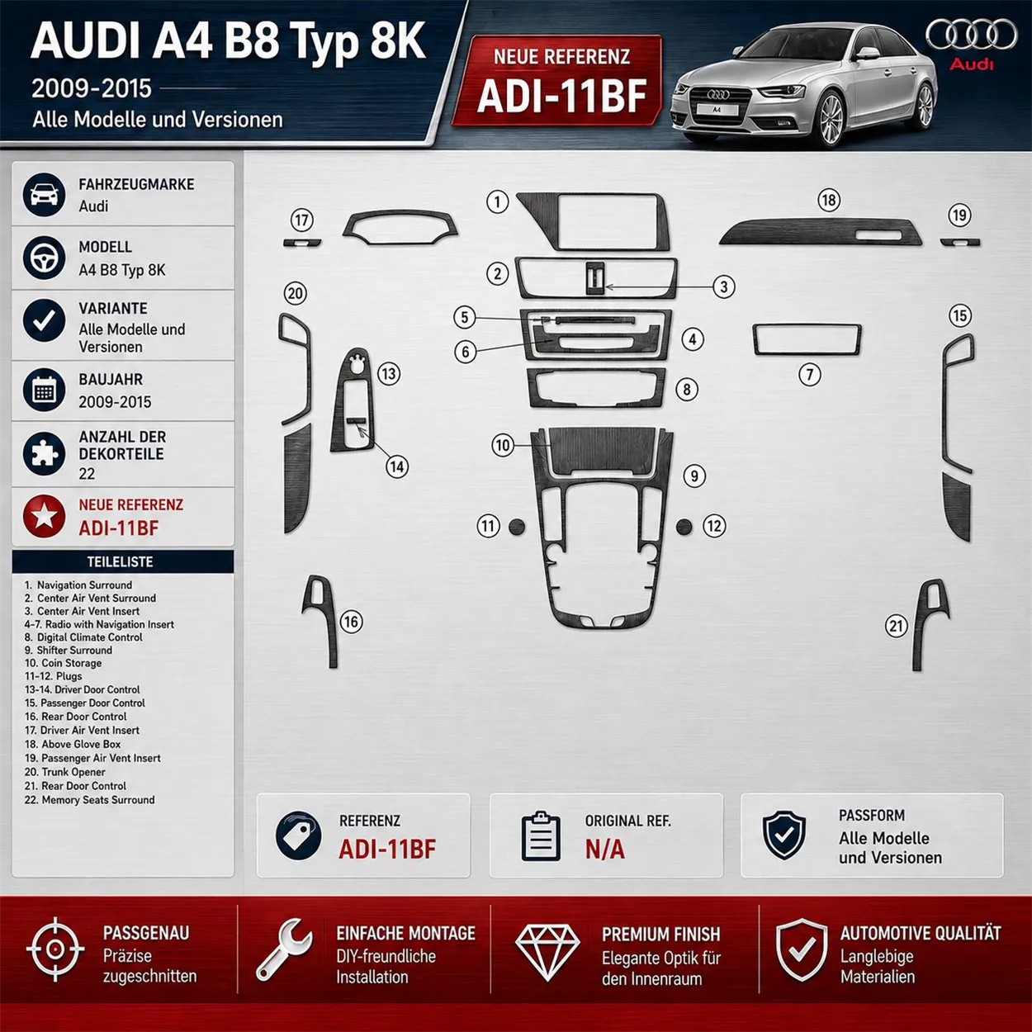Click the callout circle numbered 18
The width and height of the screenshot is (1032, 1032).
829,201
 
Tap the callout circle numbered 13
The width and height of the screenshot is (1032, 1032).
389,373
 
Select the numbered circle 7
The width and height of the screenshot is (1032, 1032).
809,374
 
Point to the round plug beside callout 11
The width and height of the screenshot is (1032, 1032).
517,527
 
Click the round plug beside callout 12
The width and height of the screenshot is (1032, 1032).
684,527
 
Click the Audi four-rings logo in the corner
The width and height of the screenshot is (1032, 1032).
971,35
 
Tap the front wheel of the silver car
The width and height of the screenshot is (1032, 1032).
831,119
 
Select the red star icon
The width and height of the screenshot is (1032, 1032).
44,516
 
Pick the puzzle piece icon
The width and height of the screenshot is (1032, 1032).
44,453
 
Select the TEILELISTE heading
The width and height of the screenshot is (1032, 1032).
120,561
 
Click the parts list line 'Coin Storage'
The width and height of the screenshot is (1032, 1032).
64,663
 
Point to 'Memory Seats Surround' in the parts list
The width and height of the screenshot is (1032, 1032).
89,799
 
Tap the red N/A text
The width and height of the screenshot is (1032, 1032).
604,849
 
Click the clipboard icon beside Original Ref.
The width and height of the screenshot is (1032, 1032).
541,836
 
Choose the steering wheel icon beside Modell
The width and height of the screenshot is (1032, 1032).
44,258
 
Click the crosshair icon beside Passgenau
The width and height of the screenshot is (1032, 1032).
55,949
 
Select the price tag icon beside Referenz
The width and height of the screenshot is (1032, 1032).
298,835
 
